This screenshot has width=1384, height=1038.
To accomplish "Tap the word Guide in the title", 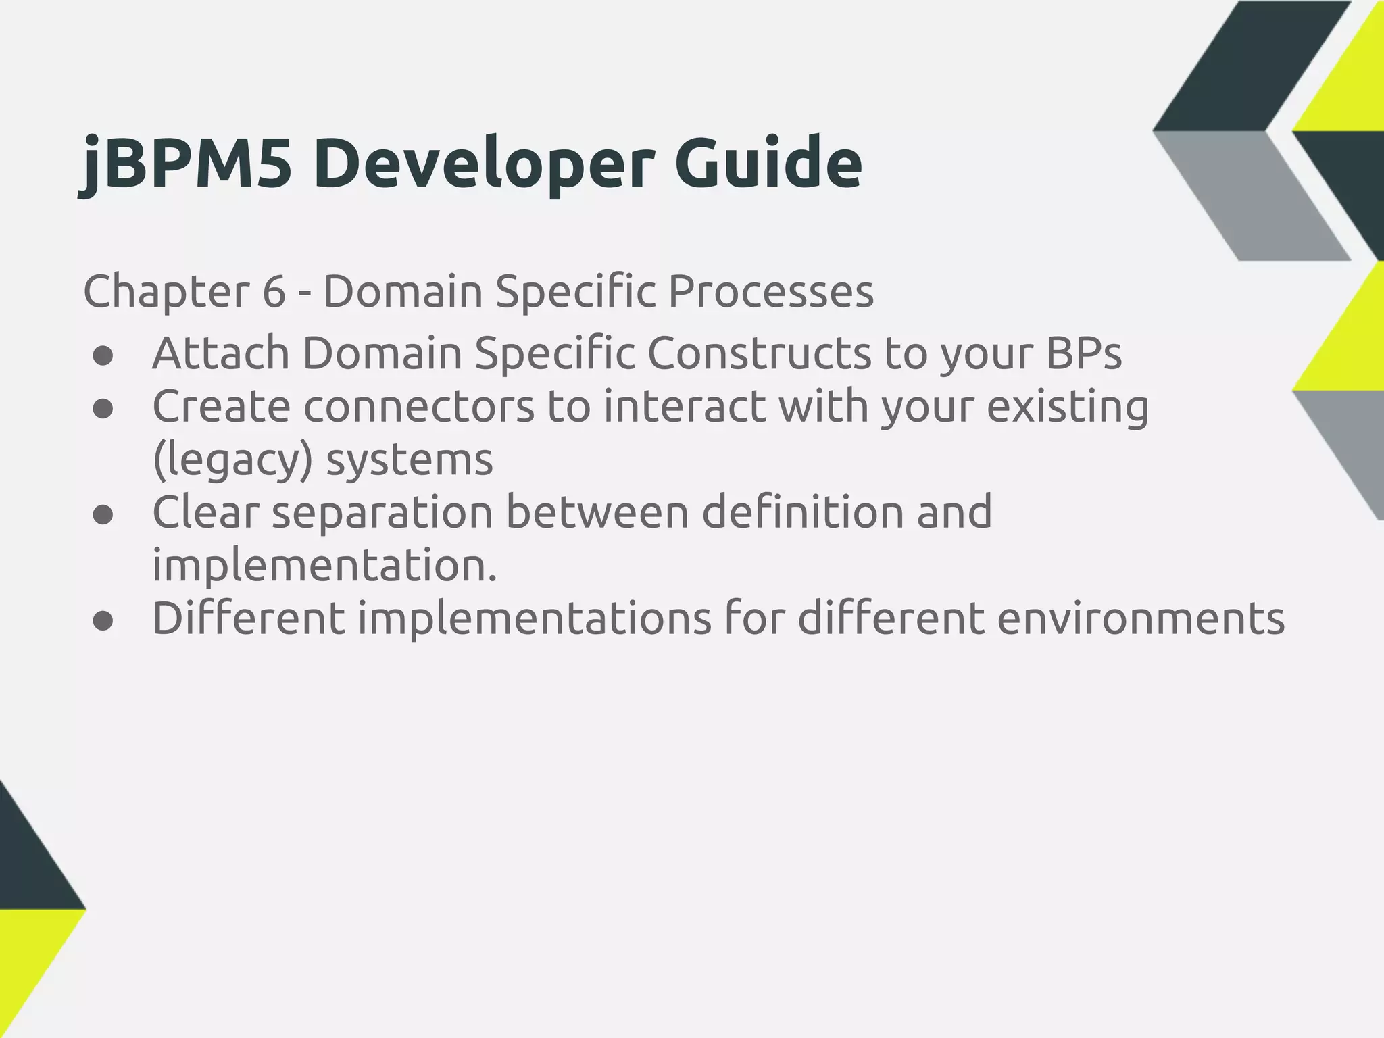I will pos(768,163).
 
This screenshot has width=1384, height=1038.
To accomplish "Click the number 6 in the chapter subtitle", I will pos(274,292).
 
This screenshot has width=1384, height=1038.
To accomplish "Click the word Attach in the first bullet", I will pos(220,353).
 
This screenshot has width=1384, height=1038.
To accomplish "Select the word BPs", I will pos(1083,353).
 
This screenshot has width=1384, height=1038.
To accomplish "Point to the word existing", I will pos(1068,407).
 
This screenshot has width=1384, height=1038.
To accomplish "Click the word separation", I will pos(382,512).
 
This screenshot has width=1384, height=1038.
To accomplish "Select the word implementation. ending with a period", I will pos(324,566).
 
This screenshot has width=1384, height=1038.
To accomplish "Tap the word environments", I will pos(1141,618).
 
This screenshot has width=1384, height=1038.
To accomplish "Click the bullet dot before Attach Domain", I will pos(103,357).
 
